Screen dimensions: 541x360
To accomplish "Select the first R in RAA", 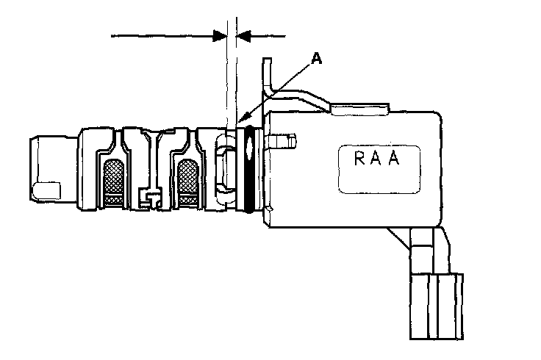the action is tap(357, 159).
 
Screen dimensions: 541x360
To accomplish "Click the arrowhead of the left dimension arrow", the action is tap(219, 34).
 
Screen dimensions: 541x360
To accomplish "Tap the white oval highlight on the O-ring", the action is tap(252, 147).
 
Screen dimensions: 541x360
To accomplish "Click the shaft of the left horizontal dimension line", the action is tap(162, 34).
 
